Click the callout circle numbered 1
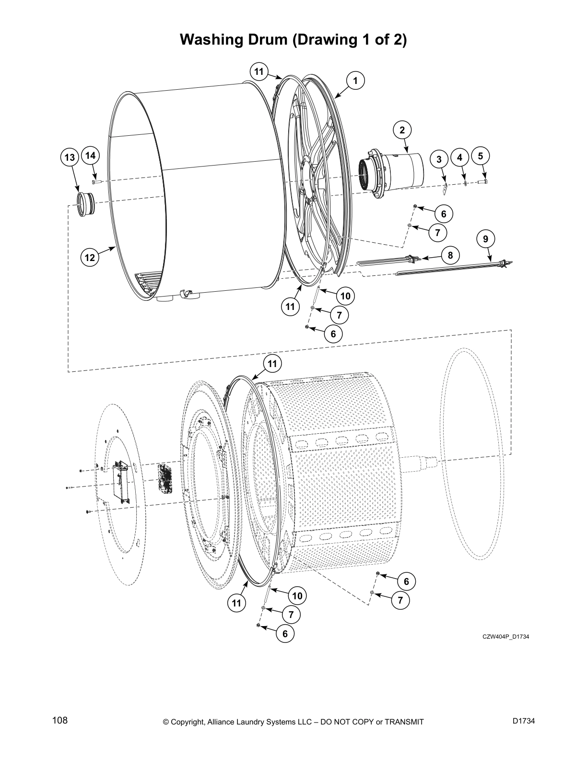(x=355, y=81)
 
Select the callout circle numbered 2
(x=402, y=130)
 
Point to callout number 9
(x=486, y=238)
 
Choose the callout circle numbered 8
(x=450, y=255)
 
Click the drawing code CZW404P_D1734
(x=505, y=637)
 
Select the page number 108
(x=60, y=721)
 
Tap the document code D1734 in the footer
(x=523, y=721)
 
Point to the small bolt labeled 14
(x=95, y=182)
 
